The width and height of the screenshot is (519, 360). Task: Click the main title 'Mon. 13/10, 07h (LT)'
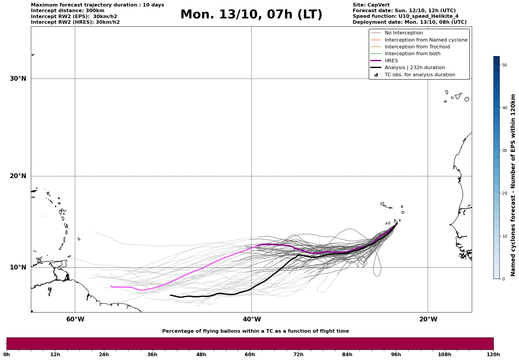click(251, 15)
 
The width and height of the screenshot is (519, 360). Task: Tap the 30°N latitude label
click(18, 79)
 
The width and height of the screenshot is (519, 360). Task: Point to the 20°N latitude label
click(18, 176)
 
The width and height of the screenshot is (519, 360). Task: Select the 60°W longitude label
click(75, 319)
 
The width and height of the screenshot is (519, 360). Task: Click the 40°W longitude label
click(252, 319)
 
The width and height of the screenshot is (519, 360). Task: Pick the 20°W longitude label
click(428, 319)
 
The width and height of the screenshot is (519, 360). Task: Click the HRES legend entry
click(391, 61)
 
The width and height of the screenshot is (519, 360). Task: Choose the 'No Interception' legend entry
click(404, 33)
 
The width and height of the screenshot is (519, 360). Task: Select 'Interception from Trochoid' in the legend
click(417, 47)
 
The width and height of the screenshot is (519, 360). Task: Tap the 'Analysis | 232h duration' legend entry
click(414, 68)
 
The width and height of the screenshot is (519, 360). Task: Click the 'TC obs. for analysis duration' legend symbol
click(376, 75)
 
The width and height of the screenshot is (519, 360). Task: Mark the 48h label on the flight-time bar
click(201, 355)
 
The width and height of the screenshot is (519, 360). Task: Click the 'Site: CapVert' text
click(371, 5)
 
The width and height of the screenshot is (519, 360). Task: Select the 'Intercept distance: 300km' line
click(67, 11)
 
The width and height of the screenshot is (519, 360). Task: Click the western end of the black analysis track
click(170, 295)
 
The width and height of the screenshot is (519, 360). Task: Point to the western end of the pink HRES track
click(110, 286)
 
